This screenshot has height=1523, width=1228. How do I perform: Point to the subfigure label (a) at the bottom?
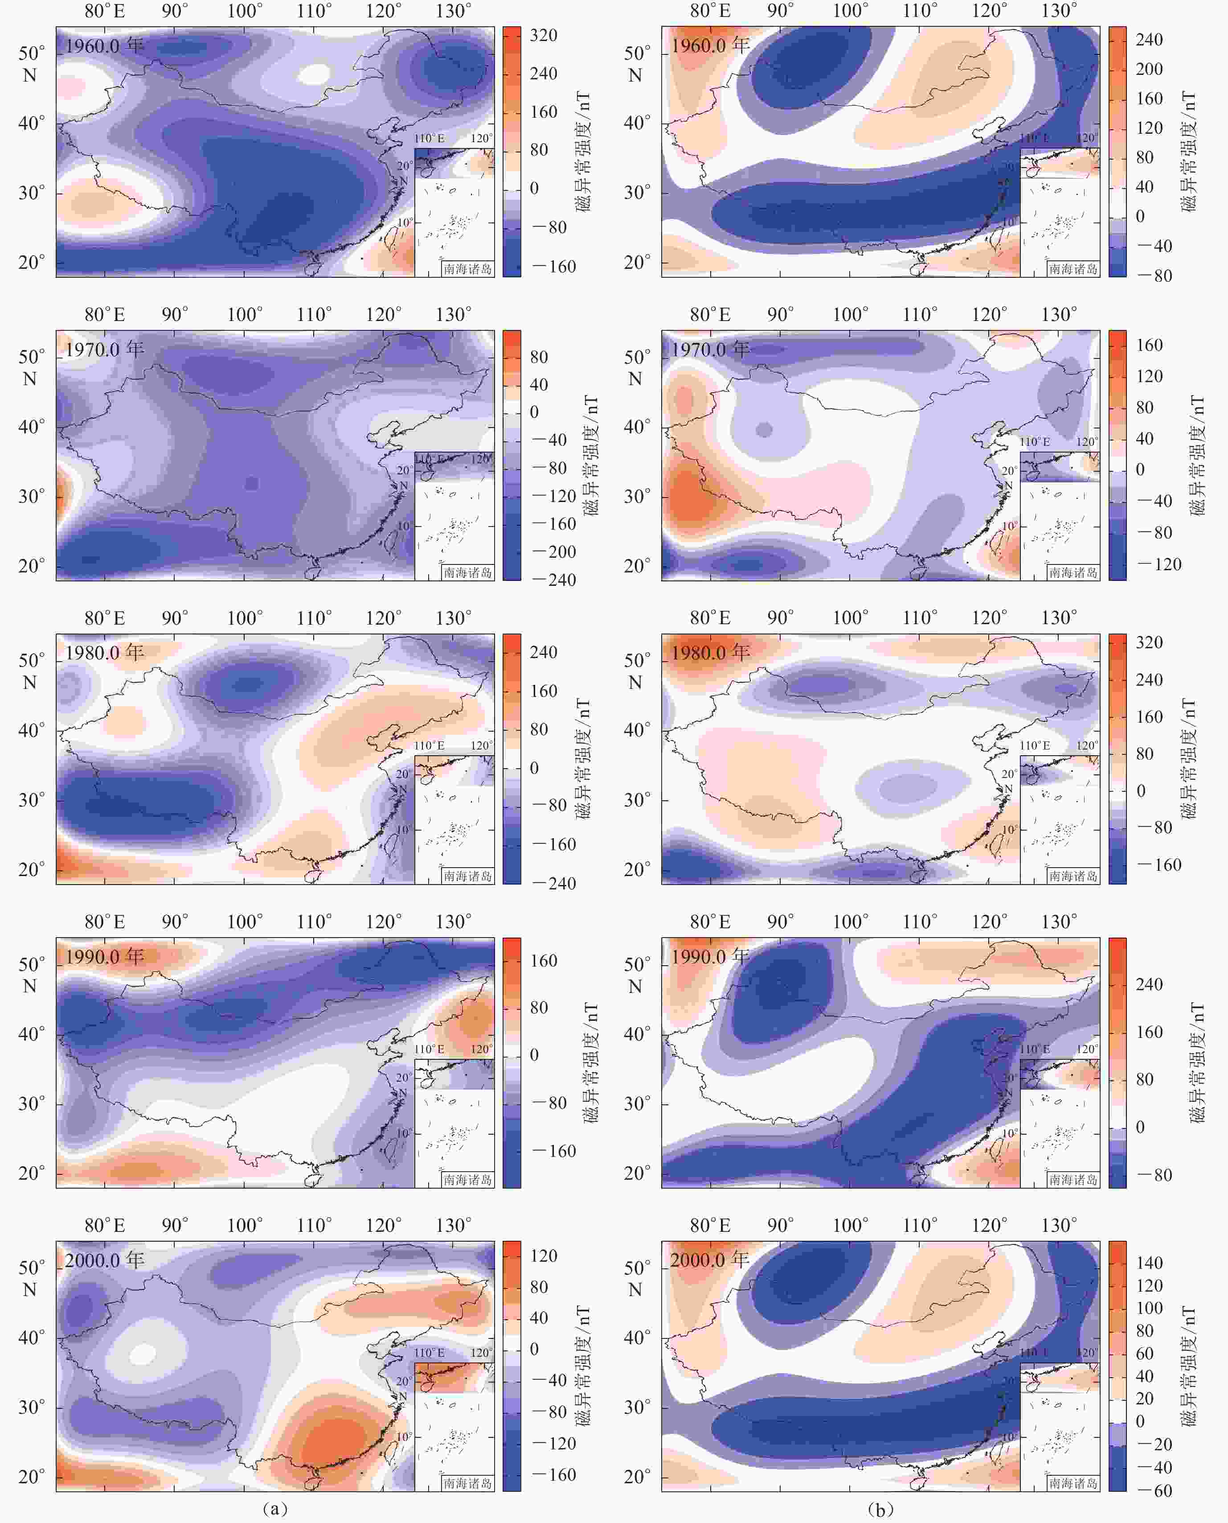(274, 1509)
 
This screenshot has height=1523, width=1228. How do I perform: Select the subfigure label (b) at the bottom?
(880, 1509)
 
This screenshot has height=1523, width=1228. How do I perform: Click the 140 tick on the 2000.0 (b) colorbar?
(1149, 1263)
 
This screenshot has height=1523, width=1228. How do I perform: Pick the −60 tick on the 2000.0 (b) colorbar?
(1153, 1490)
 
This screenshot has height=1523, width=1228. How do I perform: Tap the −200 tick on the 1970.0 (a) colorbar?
(553, 552)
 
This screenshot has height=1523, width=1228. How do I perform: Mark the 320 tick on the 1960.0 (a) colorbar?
(543, 35)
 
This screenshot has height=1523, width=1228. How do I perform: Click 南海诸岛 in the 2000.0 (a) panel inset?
(467, 1483)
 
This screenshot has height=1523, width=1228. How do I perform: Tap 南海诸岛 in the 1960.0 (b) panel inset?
(1073, 269)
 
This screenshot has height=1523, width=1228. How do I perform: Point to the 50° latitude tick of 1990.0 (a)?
(31, 964)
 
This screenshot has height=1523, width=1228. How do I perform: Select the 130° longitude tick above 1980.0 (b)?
(1059, 618)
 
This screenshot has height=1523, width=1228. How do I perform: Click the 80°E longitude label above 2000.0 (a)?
(105, 1225)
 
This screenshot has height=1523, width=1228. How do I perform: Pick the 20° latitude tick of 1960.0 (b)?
(637, 262)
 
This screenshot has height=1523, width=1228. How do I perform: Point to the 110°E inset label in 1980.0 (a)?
(429, 745)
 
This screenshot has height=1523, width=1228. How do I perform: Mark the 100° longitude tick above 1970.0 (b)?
(850, 314)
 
